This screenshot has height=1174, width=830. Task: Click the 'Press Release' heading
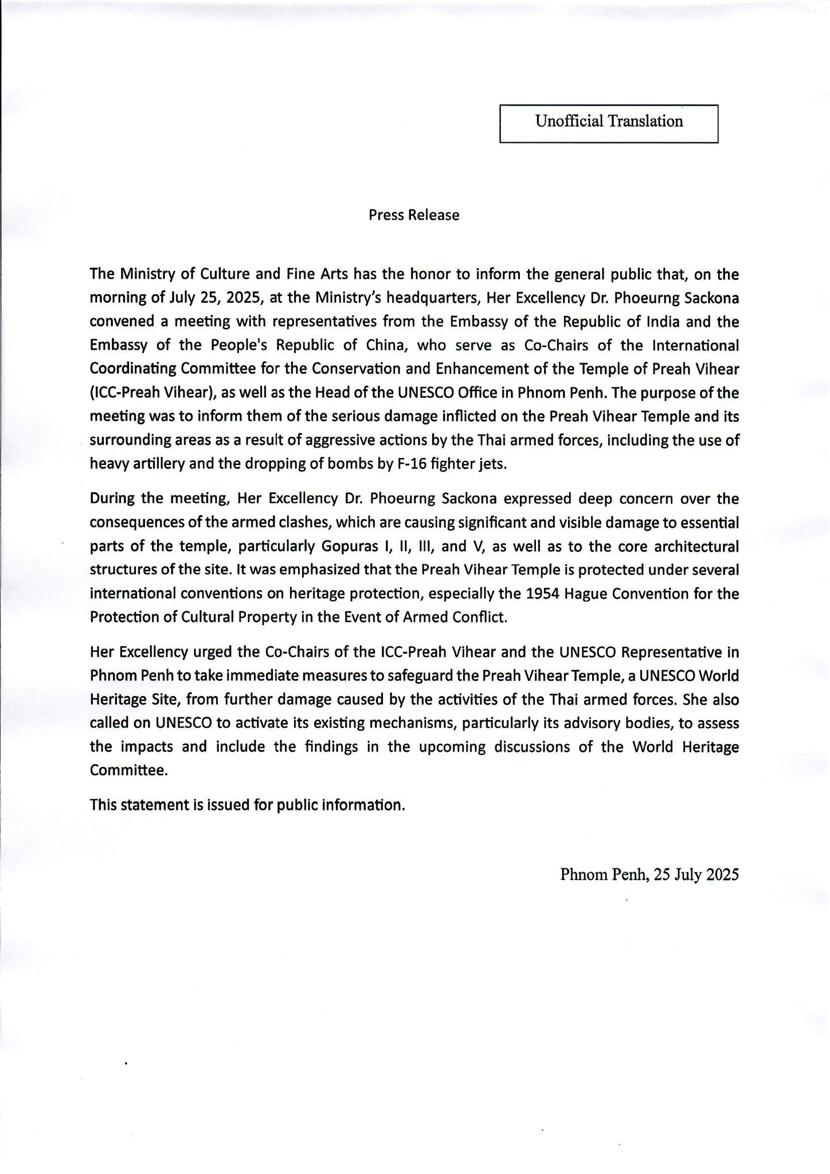[414, 216]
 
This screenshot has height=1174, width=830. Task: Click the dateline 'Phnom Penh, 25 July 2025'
[649, 875]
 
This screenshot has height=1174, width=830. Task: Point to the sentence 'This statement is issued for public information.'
[248, 805]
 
